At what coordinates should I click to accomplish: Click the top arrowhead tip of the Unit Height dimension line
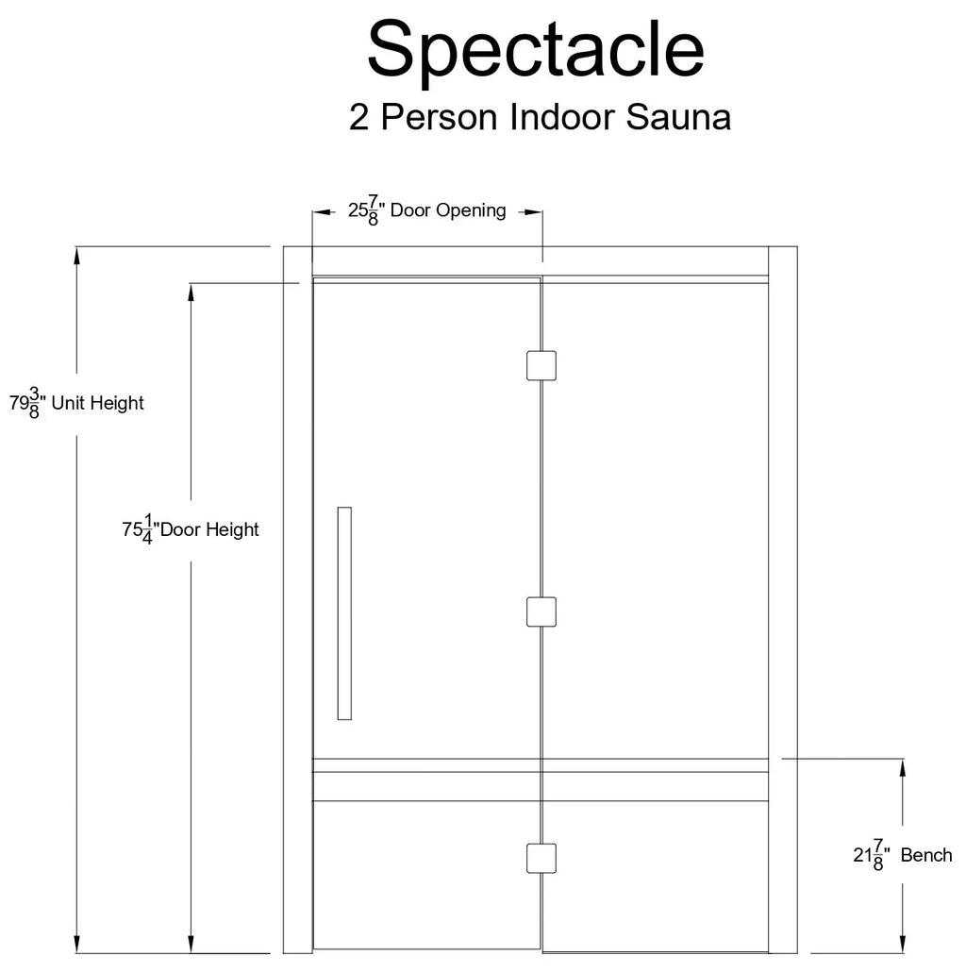click(x=76, y=246)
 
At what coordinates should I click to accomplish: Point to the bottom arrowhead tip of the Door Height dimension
click(x=191, y=953)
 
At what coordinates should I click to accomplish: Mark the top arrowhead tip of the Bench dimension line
click(x=902, y=759)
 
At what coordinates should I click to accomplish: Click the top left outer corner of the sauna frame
click(x=284, y=246)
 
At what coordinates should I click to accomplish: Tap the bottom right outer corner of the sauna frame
click(x=797, y=953)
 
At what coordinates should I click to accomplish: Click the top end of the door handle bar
click(x=344, y=508)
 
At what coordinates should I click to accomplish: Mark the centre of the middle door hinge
click(x=541, y=612)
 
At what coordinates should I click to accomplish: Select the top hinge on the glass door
click(x=541, y=366)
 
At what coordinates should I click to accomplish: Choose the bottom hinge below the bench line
click(x=541, y=859)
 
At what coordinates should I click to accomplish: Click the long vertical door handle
click(x=344, y=613)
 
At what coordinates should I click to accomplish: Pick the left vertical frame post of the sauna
click(x=298, y=600)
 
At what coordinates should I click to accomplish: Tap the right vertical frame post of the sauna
click(x=783, y=600)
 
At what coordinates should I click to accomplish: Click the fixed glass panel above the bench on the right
click(x=656, y=521)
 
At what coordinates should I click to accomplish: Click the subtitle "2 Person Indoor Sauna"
click(x=540, y=116)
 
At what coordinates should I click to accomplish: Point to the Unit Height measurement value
click(x=26, y=403)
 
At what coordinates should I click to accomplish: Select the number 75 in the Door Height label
click(x=132, y=530)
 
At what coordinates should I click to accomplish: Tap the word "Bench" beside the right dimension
click(x=926, y=856)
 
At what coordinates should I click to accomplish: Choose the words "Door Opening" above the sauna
click(x=448, y=210)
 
